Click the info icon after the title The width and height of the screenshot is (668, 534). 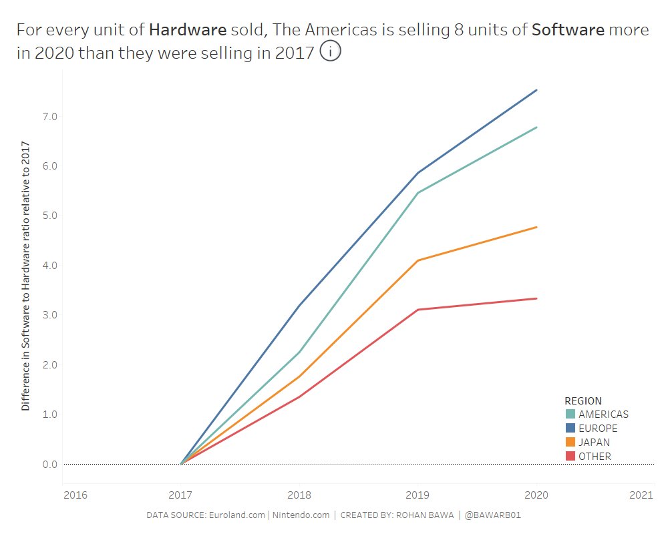coord(331,51)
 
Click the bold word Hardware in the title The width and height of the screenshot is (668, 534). coord(187,30)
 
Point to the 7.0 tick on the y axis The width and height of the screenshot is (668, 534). coord(51,117)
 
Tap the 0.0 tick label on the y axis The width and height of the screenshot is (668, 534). coord(51,465)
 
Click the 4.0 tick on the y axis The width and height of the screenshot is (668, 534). coord(51,266)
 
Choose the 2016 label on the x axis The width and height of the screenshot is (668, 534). coord(75,495)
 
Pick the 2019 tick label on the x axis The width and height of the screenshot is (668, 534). coord(417,495)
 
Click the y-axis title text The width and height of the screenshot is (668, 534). coord(25,276)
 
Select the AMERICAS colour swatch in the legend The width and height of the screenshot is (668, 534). coord(570,415)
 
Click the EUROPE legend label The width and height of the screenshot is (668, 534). coord(598,429)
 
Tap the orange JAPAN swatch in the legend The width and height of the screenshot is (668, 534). coord(570,443)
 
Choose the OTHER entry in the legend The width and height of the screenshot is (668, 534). coord(595,457)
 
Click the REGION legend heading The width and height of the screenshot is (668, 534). coord(583,401)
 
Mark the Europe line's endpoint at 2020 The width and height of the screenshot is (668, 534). coord(536,90)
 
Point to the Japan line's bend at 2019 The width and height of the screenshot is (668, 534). coord(417,260)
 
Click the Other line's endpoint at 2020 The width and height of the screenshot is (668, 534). coord(536,298)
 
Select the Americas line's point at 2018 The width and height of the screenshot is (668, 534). coord(299,352)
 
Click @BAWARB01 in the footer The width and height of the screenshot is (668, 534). coord(498,515)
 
